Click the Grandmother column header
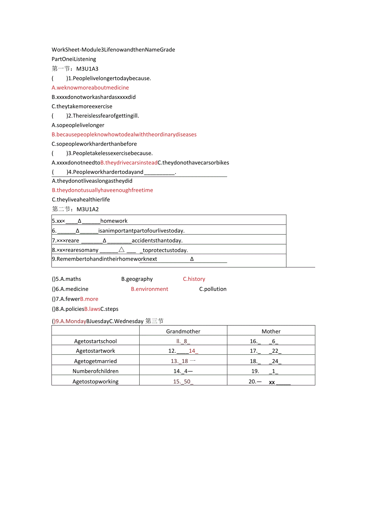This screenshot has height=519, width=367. [183, 331]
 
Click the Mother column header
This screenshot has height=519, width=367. [271, 331]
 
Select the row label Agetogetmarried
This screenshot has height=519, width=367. [95, 361]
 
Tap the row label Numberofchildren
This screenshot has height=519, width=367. [95, 371]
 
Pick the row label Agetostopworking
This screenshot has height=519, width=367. [95, 381]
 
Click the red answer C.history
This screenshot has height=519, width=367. [194, 279]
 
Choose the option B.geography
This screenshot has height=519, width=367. [137, 279]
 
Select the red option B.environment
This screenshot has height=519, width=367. [150, 289]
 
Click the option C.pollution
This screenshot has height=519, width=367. [213, 289]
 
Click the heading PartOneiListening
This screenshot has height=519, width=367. [74, 59]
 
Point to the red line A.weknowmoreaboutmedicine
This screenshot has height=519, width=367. [90, 87]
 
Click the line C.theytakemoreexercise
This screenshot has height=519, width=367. [82, 106]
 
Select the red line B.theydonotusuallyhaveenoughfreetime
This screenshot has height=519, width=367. [103, 190]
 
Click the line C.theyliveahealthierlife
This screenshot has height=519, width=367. [81, 199]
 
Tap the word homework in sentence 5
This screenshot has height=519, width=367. [114, 221]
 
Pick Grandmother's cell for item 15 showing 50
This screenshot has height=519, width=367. [183, 381]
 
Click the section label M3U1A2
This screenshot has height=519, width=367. [87, 209]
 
